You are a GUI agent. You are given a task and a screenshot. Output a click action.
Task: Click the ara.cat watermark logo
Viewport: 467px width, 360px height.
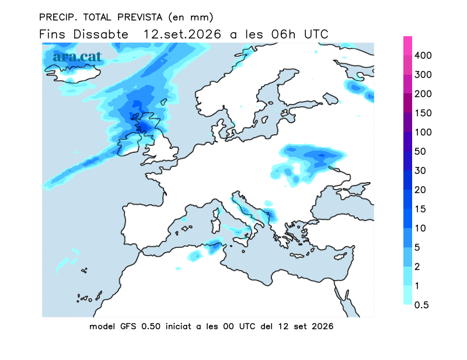(x=78, y=57)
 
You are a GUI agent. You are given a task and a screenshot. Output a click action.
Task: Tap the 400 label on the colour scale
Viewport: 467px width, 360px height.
(x=423, y=55)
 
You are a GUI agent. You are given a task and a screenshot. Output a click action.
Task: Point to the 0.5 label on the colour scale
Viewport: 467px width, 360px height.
(x=421, y=305)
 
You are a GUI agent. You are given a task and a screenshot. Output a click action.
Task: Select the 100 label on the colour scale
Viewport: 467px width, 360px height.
(x=423, y=132)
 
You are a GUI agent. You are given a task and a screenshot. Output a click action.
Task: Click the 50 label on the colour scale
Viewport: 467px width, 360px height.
(x=420, y=151)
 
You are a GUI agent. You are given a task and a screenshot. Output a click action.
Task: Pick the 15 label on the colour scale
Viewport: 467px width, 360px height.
(x=420, y=209)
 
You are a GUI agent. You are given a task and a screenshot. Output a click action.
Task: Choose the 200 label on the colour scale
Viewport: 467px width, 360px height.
(x=423, y=94)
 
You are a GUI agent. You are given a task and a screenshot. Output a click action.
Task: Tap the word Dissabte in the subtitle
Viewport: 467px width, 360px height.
(x=100, y=34)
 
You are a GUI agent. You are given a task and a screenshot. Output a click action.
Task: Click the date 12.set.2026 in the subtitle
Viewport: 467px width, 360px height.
(x=182, y=34)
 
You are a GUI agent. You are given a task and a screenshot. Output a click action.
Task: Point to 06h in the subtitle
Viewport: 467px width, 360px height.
(x=283, y=34)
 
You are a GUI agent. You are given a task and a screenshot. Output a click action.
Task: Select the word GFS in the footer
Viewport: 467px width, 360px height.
(x=128, y=326)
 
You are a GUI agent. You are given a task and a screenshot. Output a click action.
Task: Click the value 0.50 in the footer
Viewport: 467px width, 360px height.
(x=151, y=326)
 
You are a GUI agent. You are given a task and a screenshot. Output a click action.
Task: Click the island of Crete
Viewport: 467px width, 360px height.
(x=298, y=256)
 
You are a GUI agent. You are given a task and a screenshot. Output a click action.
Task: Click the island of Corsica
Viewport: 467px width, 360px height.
(x=216, y=213)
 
